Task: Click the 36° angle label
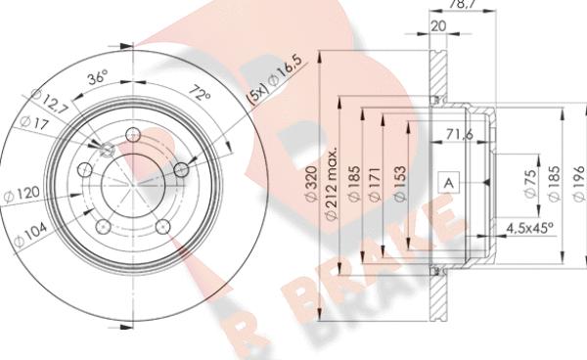point(97,77)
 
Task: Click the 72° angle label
point(200,94)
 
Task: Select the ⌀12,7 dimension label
point(50,101)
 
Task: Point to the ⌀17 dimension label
point(34,122)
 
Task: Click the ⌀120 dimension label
point(22,194)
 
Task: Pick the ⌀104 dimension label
point(30,234)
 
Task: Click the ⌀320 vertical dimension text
point(311,183)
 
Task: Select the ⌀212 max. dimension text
point(331,183)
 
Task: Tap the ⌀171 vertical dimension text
point(375,184)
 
